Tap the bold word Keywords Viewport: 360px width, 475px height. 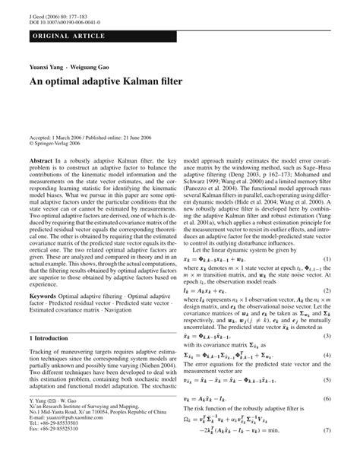(x=46, y=293)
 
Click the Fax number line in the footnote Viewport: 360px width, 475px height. (x=55, y=450)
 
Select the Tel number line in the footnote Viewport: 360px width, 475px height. (x=55, y=445)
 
